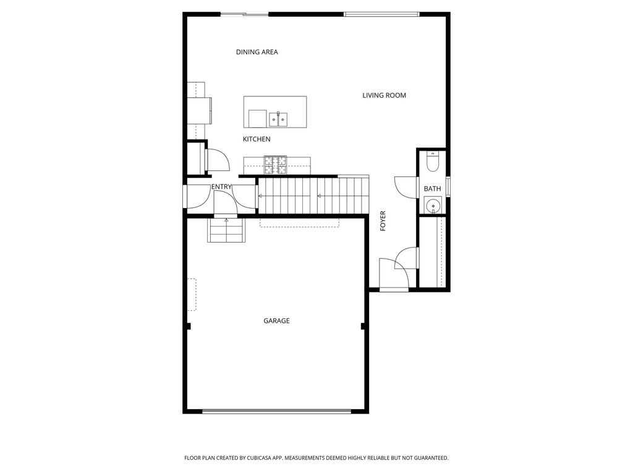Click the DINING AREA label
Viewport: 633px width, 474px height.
pos(257,52)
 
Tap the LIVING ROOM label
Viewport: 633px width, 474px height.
pos(384,95)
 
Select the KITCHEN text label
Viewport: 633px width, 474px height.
pos(257,139)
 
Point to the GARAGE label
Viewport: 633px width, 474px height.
pos(276,320)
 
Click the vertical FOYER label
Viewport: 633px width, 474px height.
pos(383,221)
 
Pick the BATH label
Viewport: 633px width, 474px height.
pos(432,189)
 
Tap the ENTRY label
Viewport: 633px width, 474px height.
pos(221,186)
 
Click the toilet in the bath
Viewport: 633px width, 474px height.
pos(433,162)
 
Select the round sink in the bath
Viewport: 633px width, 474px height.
pos(433,205)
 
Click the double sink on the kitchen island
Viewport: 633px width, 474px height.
pos(278,118)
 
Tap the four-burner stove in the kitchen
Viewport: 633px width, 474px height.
pos(276,165)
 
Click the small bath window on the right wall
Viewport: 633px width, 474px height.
pos(448,186)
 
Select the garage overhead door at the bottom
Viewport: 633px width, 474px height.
pos(276,410)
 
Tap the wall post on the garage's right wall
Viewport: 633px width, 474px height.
pos(363,326)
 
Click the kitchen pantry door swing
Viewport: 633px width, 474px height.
pos(217,160)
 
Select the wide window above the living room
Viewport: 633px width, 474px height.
pos(381,14)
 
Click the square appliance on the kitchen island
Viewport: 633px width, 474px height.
pos(258,118)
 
